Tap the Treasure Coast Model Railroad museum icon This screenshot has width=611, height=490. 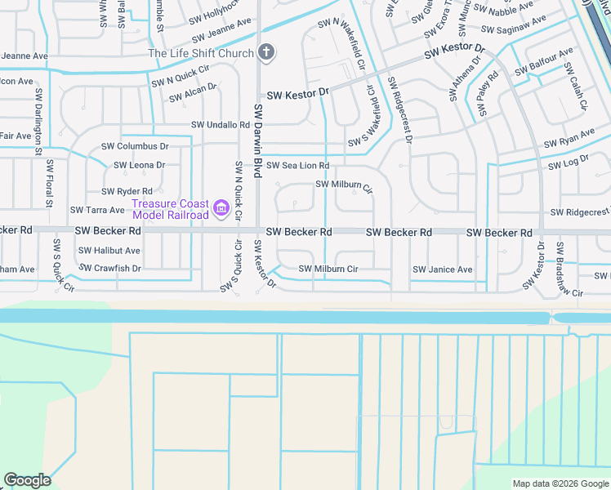pos(221,209)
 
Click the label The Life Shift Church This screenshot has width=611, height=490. pos(200,54)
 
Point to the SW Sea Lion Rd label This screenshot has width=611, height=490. pos(297,165)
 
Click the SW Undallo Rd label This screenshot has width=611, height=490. pos(221,125)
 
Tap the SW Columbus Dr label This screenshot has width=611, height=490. pos(135,146)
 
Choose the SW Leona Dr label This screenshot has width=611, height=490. pos(140,165)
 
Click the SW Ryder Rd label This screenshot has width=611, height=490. pos(127,191)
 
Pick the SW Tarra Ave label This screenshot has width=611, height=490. pos(97,211)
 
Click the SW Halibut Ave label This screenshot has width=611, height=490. pos(112,251)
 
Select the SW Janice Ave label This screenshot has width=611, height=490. pos(442,269)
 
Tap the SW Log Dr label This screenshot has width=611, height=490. pos(564,163)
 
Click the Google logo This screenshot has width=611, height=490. pos(27,480)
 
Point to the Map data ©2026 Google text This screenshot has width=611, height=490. pos(560,483)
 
